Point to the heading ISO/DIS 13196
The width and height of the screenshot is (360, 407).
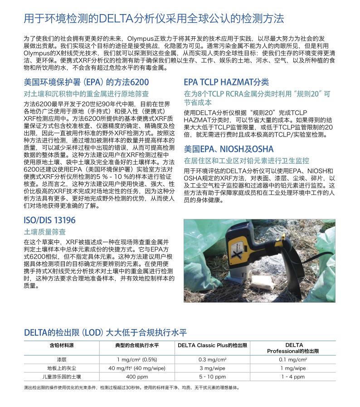(49, 221)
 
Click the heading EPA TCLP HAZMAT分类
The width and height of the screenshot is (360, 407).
(226, 82)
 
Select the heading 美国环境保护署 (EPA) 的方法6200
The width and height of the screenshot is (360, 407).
(86, 82)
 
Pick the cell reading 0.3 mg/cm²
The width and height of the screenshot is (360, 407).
(212, 359)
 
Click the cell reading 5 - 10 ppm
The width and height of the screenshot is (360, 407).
(212, 377)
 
